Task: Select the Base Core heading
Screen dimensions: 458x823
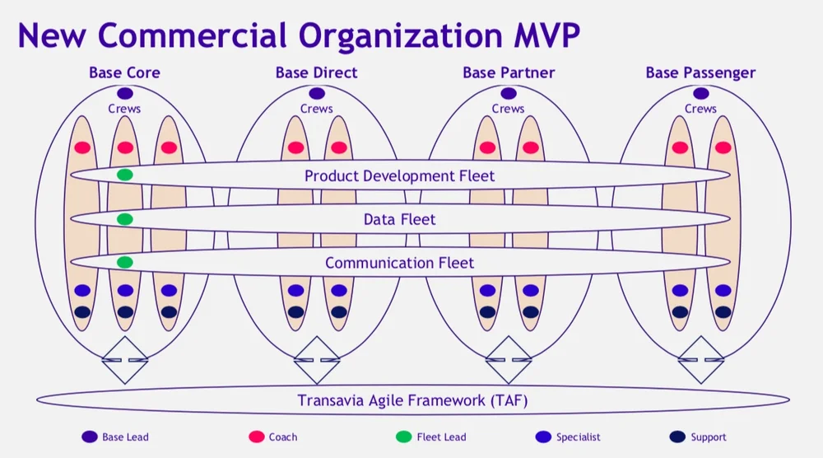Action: click(x=124, y=72)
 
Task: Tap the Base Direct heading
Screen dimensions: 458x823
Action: click(x=317, y=72)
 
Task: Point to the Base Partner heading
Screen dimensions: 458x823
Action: click(x=509, y=72)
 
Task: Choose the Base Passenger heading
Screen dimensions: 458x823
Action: click(x=700, y=72)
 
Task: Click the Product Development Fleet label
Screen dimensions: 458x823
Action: click(x=400, y=175)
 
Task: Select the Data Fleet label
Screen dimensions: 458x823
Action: click(x=400, y=219)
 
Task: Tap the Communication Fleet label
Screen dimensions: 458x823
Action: click(x=400, y=263)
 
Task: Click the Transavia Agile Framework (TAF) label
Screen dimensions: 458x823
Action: click(x=412, y=401)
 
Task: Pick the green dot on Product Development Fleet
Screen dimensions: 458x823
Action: click(x=125, y=175)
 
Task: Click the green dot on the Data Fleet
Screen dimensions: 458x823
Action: click(x=125, y=219)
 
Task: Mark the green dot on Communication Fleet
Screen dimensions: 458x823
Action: click(x=125, y=263)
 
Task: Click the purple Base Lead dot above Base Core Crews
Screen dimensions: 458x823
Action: click(x=124, y=94)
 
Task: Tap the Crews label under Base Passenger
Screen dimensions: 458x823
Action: click(x=700, y=109)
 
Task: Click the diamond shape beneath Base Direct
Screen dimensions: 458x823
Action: click(x=317, y=360)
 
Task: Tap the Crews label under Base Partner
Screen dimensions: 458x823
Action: click(x=509, y=109)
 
